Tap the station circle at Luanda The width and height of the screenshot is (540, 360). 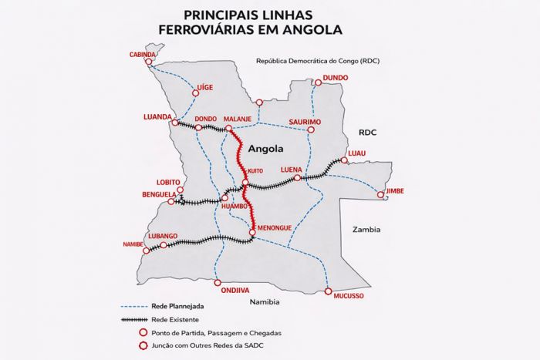176,122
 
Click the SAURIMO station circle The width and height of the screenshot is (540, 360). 311,130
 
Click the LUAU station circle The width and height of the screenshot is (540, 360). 344,160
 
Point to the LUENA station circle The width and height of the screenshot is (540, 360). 298,177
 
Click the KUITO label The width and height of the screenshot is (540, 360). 256,171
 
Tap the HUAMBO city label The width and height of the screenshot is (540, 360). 234,207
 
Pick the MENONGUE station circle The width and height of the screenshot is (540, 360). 252,232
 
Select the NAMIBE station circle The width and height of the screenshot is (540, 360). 147,251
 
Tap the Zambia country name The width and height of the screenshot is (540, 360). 366,230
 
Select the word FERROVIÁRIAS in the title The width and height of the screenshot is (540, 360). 229,32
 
